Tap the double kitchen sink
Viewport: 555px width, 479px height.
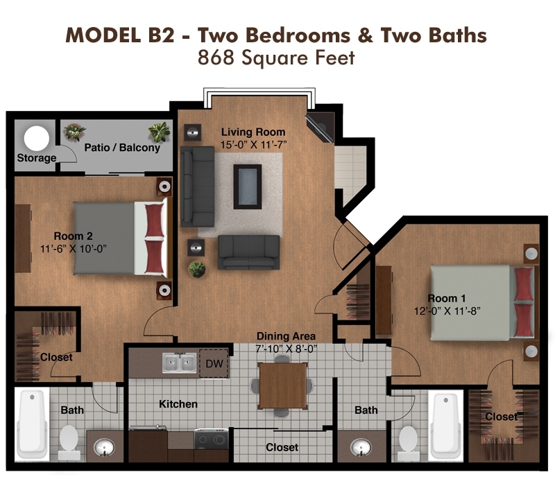(x=178, y=363)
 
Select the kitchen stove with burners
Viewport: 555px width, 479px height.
(x=211, y=438)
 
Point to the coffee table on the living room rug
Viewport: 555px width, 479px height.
(x=248, y=186)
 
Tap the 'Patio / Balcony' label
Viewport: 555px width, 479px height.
(x=122, y=148)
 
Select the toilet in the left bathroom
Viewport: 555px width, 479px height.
(x=68, y=438)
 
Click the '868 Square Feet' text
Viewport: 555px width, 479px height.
(x=276, y=58)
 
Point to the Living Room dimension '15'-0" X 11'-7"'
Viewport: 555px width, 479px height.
(x=253, y=144)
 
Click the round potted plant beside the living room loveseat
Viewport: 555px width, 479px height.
(x=197, y=269)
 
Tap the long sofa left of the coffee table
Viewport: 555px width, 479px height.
(x=197, y=181)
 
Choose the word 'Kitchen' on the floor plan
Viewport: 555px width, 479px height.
(x=178, y=403)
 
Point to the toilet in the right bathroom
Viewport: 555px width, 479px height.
(x=408, y=438)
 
